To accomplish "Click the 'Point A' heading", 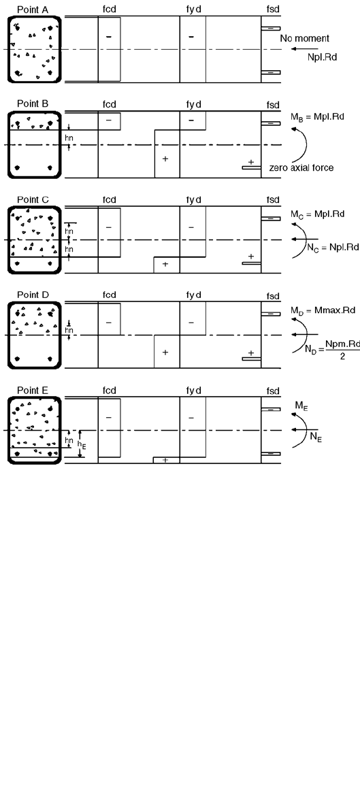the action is [x=33, y=10].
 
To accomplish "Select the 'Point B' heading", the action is [x=33, y=105].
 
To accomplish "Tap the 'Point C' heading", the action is [x=33, y=199].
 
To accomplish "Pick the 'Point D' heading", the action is [x=33, y=295].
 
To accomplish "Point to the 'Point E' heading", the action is [x=33, y=390].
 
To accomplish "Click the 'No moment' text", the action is [x=304, y=39].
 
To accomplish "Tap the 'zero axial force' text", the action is [x=301, y=168].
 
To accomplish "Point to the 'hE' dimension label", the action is [x=82, y=446].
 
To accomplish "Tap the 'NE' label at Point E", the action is [x=316, y=438].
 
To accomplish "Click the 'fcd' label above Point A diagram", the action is [x=109, y=10].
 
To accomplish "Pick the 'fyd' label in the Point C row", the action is [x=194, y=199].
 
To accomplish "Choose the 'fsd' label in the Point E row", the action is [x=273, y=391].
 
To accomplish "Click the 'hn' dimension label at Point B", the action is [x=69, y=138].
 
